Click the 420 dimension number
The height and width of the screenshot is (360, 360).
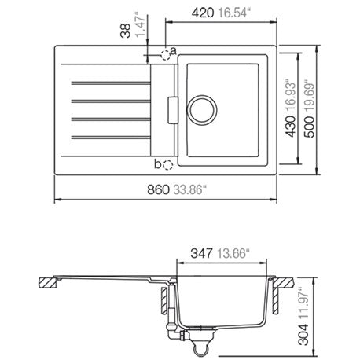pos(203,13)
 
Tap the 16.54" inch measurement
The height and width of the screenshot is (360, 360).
pos(233,13)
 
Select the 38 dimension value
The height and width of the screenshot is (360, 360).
pos(126,31)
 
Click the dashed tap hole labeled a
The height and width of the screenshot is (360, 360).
pos(165,55)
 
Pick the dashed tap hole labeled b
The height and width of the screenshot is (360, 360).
pos(168,165)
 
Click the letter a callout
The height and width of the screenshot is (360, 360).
pos(174,51)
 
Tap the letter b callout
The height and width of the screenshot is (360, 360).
pos(157,164)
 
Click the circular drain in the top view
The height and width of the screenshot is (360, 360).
pos(202,110)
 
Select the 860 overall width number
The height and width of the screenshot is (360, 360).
pos(158,189)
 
